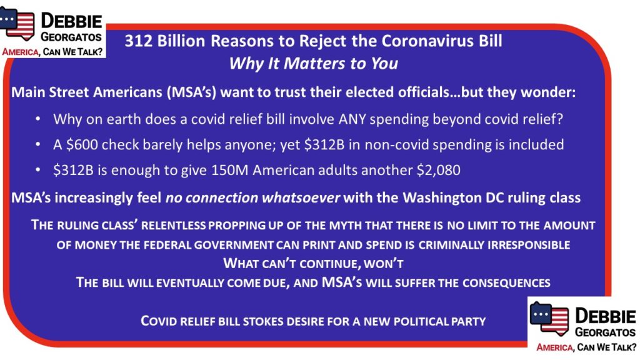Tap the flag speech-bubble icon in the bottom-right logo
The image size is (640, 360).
click(549, 319)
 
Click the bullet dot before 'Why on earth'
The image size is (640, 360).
click(38, 119)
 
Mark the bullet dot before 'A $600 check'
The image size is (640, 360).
click(38, 144)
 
